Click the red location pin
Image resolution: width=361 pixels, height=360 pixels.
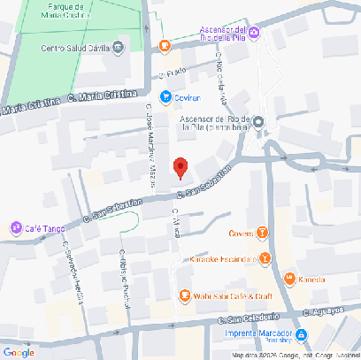click(x=181, y=166)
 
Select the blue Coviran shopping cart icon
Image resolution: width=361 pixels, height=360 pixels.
click(x=165, y=96)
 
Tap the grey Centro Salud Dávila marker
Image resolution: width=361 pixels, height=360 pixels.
click(x=118, y=50)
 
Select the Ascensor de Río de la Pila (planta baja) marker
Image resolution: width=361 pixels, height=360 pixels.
click(x=257, y=121)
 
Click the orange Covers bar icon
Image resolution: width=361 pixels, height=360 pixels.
click(x=262, y=234)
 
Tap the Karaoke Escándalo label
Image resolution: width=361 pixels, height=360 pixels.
click(x=222, y=259)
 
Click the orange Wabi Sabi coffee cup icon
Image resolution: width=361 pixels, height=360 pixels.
click(x=184, y=295)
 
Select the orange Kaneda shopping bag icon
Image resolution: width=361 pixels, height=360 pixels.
click(x=288, y=280)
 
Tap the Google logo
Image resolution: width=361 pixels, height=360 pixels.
click(x=19, y=352)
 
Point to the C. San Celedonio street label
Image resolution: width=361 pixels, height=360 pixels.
click(x=249, y=318)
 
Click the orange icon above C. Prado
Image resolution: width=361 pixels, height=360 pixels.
click(x=165, y=45)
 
